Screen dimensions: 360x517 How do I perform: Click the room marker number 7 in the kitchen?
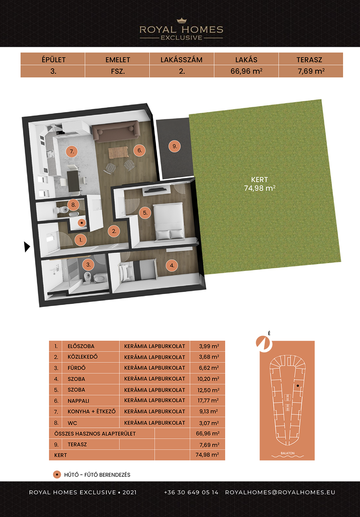pos(72,151)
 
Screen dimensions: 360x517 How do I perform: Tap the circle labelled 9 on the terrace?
pos(174,146)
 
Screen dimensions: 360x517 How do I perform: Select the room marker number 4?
pos(172,266)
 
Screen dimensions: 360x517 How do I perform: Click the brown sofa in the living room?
pos(116,132)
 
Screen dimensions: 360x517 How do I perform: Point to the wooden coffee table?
pos(118,153)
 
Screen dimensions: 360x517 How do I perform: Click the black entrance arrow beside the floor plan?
pos(27,247)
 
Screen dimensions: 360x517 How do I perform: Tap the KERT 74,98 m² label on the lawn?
pos(260,184)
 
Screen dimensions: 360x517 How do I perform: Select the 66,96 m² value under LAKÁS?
pos(246,71)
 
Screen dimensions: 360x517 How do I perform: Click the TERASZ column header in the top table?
pos(309,60)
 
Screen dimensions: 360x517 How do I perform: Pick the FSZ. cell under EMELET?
pos(118,71)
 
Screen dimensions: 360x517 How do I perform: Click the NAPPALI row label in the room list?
pos(78,401)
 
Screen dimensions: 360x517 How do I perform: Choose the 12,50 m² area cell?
pos(208,390)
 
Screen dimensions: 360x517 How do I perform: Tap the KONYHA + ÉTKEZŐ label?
pos(91,412)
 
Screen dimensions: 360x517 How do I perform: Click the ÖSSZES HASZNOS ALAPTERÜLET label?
pos(95,434)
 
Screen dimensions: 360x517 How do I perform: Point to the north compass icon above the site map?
pos(264,344)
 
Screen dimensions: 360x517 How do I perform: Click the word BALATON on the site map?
pos(287,453)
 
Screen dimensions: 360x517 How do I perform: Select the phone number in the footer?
pos(191,492)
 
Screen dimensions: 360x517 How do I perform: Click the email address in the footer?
pos(280,492)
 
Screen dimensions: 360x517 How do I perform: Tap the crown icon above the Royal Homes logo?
pos(182,21)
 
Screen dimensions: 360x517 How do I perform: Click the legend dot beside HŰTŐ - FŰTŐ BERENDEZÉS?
pos(57,474)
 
